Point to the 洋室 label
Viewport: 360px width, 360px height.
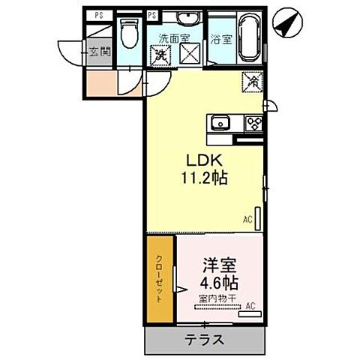click(x=219, y=265)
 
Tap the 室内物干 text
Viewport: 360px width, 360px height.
click(x=217, y=298)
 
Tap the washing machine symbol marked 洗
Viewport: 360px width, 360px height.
click(x=160, y=55)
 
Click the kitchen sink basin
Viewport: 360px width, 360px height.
click(x=220, y=124)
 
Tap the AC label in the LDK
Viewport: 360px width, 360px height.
click(x=247, y=219)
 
